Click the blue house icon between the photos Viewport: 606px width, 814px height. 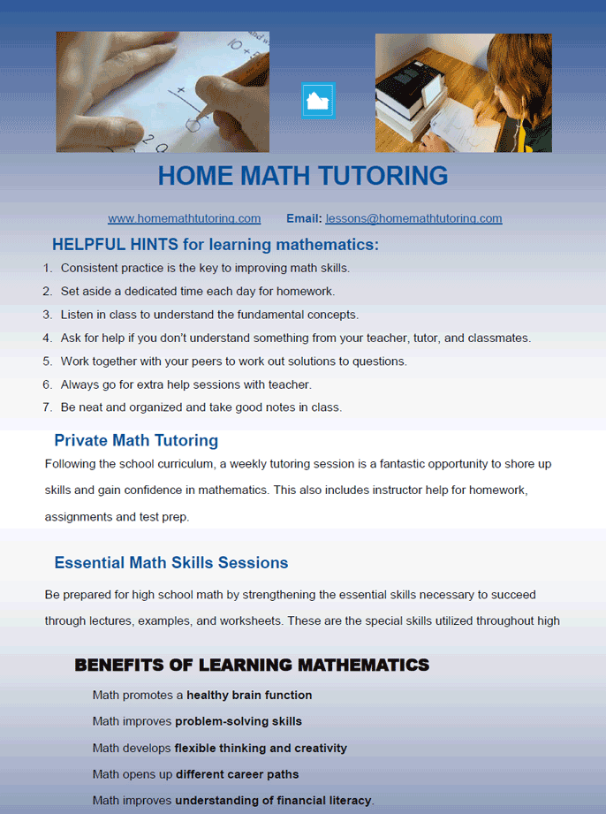point(317,101)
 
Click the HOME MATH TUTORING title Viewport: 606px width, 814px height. point(302,176)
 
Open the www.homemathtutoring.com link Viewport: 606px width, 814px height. point(184,218)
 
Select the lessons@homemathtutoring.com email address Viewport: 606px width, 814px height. point(413,218)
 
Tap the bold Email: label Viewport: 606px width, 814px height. point(304,218)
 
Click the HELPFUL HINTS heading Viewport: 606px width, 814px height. point(215,245)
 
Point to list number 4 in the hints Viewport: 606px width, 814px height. point(48,338)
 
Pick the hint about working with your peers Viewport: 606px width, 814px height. point(233,361)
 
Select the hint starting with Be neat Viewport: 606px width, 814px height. point(201,407)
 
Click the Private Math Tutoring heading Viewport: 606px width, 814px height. point(136,440)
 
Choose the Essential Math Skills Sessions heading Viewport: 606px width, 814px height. point(171,563)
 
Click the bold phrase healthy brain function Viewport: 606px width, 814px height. point(249,696)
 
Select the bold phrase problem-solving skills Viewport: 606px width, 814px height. point(239,721)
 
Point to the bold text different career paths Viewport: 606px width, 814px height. point(237,774)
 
